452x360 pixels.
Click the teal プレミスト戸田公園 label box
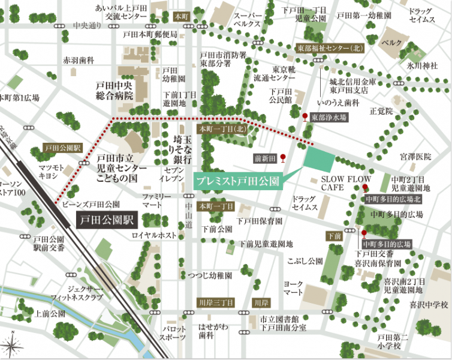[x=237, y=181]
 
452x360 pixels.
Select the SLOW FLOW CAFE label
[x=346, y=184]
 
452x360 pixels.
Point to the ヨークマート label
[x=293, y=287]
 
